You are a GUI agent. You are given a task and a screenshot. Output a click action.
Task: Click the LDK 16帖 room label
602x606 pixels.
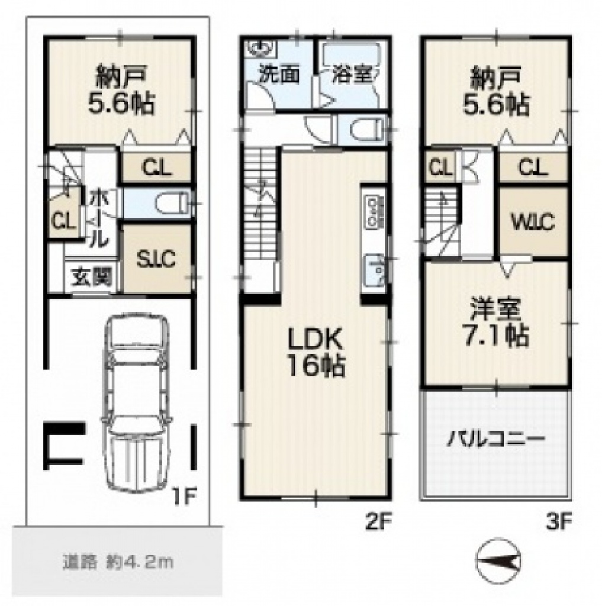(x=316, y=353)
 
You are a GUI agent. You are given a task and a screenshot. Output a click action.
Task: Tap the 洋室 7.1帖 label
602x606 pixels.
(x=496, y=323)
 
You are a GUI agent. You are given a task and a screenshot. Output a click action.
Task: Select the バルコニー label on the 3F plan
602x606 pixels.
(x=496, y=440)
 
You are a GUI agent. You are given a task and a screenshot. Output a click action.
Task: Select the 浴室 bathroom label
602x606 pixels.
(x=352, y=75)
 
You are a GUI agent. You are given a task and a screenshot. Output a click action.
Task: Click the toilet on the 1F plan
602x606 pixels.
(x=172, y=203)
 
